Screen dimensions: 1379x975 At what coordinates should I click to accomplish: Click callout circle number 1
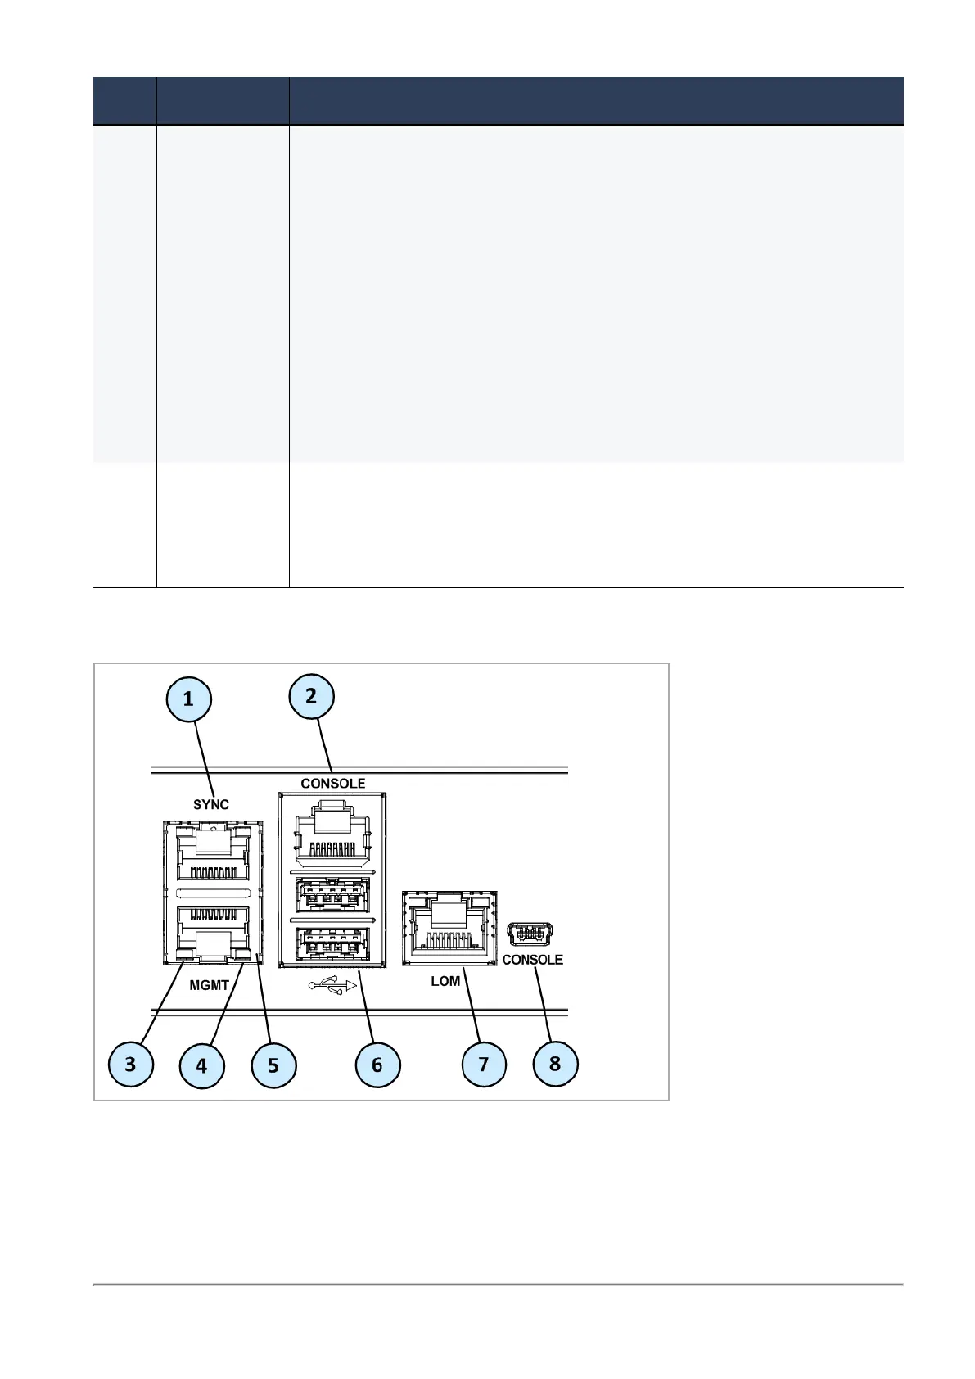[x=188, y=699]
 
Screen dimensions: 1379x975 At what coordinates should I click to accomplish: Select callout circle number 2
[x=311, y=696]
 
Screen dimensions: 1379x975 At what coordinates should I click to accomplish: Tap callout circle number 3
[x=130, y=1065]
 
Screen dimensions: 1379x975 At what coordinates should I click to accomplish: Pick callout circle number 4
[x=201, y=1065]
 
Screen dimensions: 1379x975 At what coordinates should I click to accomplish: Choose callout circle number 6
[x=377, y=1065]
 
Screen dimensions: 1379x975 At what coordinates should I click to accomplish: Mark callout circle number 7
[x=483, y=1064]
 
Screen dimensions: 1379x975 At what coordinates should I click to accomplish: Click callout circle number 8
[x=555, y=1064]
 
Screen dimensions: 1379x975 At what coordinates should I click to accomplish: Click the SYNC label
[x=211, y=804]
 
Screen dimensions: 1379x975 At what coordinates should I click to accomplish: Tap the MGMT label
[x=209, y=985]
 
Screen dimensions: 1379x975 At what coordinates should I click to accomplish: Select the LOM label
[x=445, y=981]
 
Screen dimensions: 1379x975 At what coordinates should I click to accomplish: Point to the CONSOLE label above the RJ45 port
[x=332, y=784]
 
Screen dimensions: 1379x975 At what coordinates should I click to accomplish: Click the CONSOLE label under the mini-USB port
[x=532, y=960]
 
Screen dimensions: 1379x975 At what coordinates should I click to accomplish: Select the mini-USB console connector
[x=530, y=934]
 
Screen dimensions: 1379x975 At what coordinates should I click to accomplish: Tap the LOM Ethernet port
[x=449, y=928]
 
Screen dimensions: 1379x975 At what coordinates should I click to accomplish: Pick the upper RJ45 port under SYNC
[x=213, y=852]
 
